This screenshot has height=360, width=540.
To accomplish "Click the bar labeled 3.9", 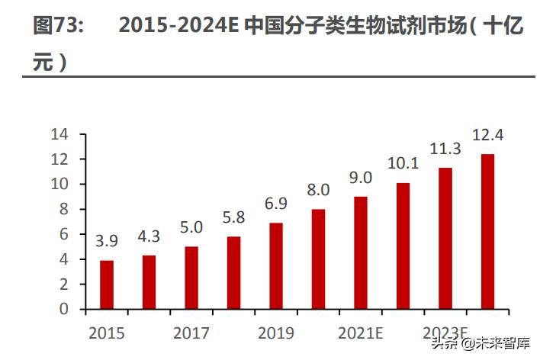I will point(107,284).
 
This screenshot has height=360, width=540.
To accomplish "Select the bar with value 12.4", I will point(487,232).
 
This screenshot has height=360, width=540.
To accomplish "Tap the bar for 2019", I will point(276,266).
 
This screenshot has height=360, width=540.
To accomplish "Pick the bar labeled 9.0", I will point(361,252).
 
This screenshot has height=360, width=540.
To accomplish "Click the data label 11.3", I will point(445,147).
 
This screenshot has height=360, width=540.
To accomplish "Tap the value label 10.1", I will point(403,163).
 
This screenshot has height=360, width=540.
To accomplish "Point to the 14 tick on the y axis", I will point(59,134).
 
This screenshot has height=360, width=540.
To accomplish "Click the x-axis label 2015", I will point(107,333).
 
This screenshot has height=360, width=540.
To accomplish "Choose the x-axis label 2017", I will point(191,333).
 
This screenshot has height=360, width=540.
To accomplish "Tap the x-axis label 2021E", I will point(361,333).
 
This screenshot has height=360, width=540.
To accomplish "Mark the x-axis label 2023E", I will point(445,333).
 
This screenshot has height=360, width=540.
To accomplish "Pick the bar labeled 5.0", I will point(191,278).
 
